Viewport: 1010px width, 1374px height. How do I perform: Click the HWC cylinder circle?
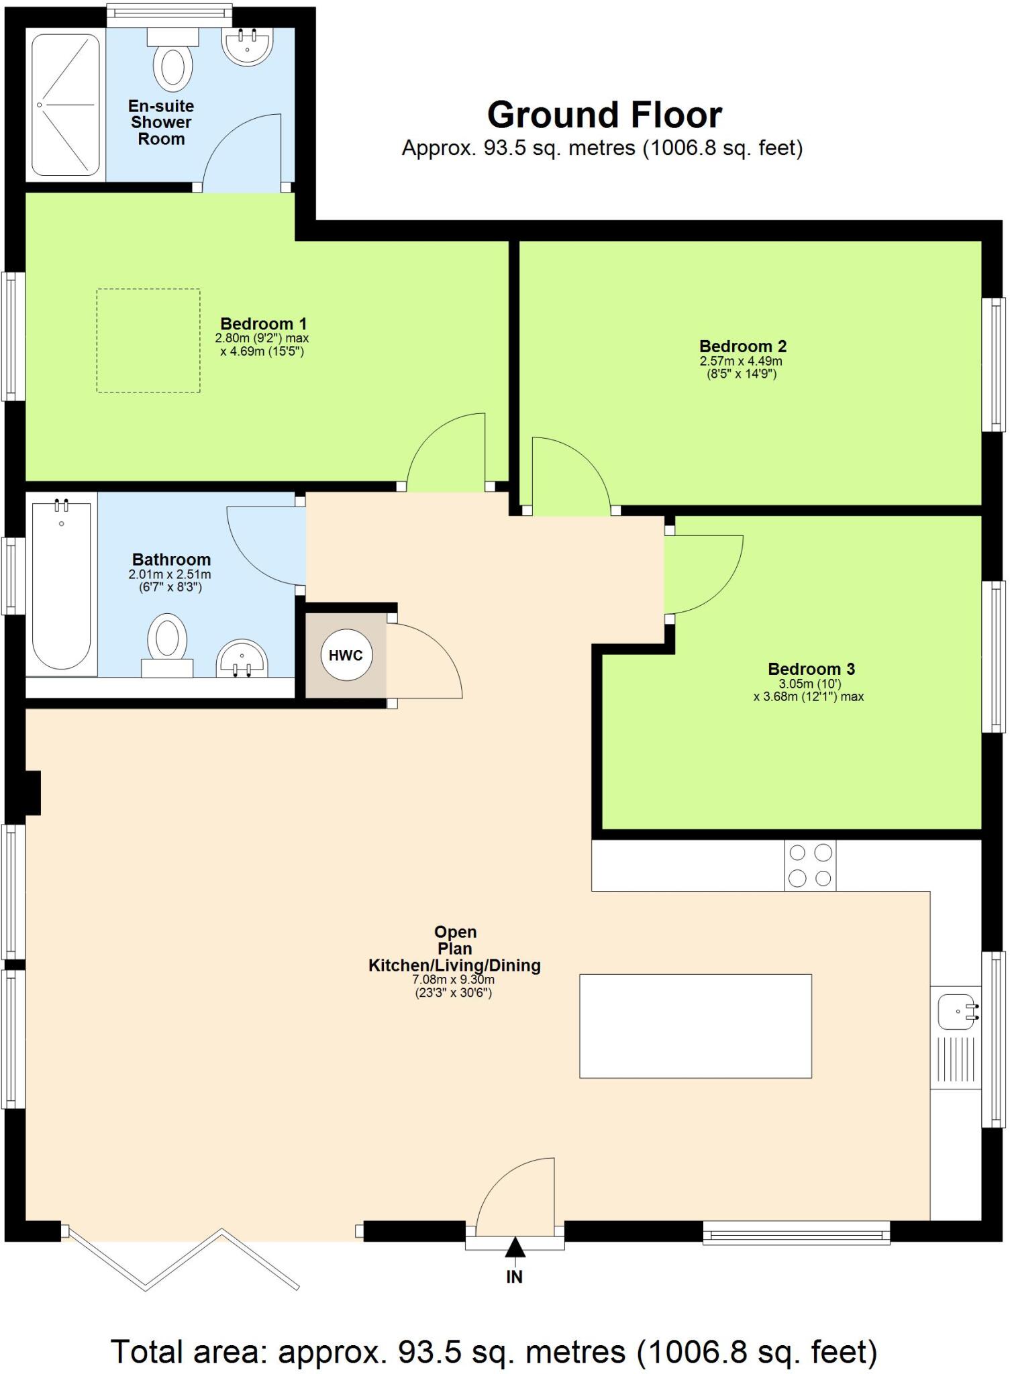point(346,655)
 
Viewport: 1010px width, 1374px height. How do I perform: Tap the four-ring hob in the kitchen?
point(810,865)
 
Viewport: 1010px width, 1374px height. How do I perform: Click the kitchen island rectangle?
point(695,1026)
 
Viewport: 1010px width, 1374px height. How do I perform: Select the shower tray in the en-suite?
point(65,105)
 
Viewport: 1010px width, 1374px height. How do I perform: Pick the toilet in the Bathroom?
point(167,641)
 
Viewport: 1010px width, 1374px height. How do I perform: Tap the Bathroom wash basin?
point(242,659)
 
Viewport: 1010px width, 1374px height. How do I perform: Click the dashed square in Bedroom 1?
point(148,340)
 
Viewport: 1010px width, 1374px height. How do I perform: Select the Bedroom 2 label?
point(742,346)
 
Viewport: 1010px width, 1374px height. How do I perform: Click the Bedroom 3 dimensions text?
point(808,690)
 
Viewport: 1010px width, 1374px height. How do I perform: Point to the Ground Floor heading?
point(604,115)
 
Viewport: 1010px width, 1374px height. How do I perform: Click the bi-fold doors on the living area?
point(181,1260)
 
